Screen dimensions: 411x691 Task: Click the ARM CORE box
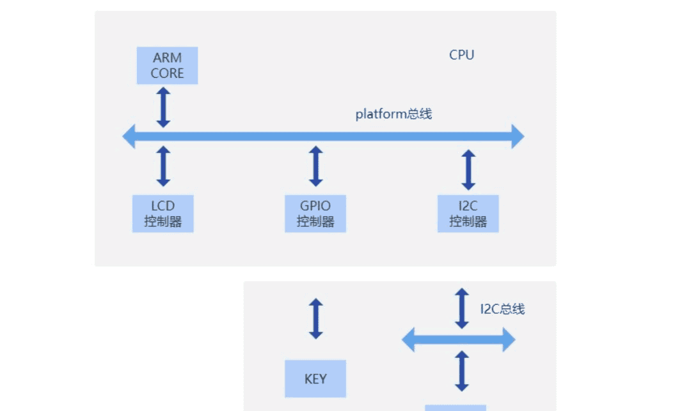pyautogui.click(x=167, y=65)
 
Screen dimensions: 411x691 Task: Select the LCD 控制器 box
pyautogui.click(x=163, y=213)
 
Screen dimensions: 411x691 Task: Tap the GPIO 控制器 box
pyautogui.click(x=315, y=213)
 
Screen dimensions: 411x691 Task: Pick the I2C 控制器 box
pyautogui.click(x=468, y=213)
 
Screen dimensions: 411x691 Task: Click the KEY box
pyautogui.click(x=315, y=378)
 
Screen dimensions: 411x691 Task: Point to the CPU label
pyautogui.click(x=461, y=55)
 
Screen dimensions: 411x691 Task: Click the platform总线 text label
pyautogui.click(x=393, y=114)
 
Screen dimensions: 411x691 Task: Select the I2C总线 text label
pyautogui.click(x=502, y=309)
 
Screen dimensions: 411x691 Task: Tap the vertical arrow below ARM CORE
pyautogui.click(x=163, y=107)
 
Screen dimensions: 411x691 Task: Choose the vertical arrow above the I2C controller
pyautogui.click(x=468, y=169)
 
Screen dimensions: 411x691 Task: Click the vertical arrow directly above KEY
pyautogui.click(x=315, y=318)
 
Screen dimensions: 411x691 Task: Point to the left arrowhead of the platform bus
pyautogui.click(x=129, y=136)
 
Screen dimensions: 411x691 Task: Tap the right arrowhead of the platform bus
pyautogui.click(x=517, y=136)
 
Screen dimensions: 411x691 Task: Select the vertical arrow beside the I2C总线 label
pyautogui.click(x=461, y=308)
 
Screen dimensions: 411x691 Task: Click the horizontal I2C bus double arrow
pyautogui.click(x=458, y=339)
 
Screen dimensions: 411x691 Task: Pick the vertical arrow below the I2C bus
pyautogui.click(x=461, y=371)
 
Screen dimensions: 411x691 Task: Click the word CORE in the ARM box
pyautogui.click(x=167, y=74)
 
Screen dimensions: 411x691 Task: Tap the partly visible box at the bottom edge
pyautogui.click(x=455, y=407)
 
